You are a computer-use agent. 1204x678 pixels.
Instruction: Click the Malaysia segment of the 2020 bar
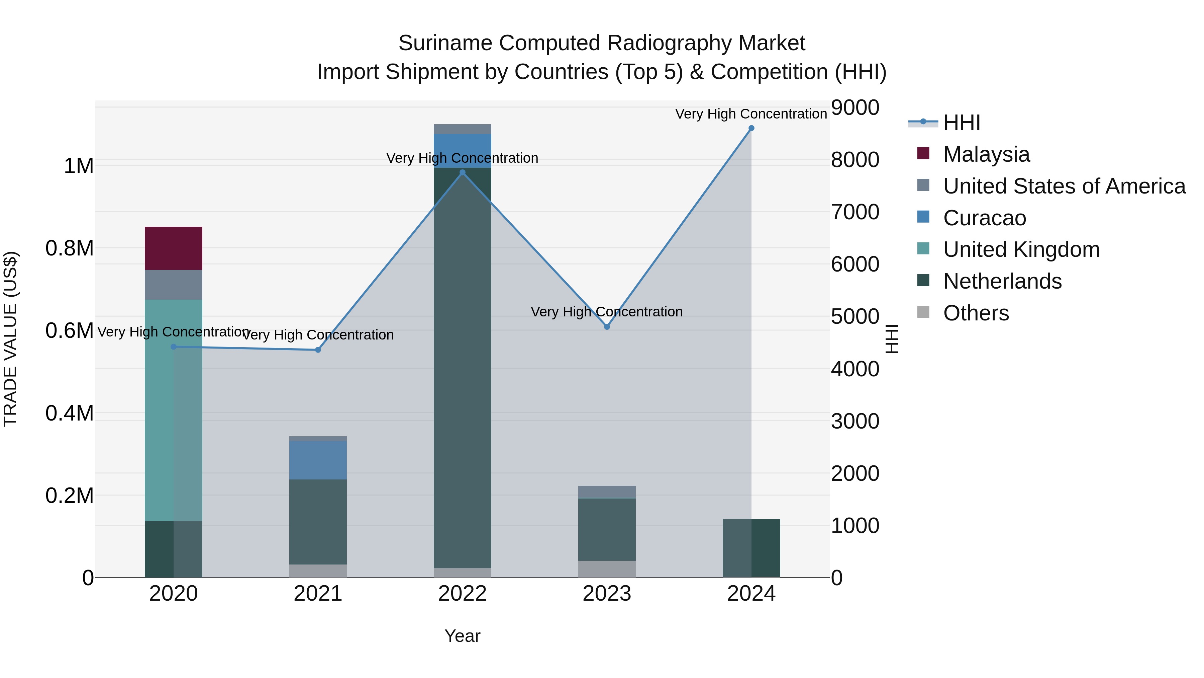point(173,248)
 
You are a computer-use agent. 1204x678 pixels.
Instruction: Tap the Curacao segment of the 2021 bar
point(318,460)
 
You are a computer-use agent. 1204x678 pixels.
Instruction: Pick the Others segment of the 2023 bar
point(607,569)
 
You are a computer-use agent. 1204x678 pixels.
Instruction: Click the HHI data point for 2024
point(751,128)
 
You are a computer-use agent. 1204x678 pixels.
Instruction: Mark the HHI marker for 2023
point(607,326)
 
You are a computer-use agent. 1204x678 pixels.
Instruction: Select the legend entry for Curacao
point(984,218)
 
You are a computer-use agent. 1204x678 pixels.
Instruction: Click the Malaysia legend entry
point(986,154)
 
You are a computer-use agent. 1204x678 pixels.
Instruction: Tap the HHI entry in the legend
point(962,123)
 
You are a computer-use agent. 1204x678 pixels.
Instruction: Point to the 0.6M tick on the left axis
point(70,331)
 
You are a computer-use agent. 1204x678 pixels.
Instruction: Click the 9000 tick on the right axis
point(855,107)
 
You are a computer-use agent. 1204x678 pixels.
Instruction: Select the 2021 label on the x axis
point(318,594)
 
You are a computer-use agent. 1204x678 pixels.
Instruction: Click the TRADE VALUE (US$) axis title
point(10,339)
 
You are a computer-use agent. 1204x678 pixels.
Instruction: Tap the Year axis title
point(462,636)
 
